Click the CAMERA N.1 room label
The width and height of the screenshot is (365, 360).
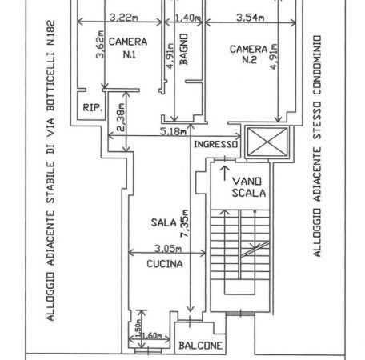[x=128, y=48]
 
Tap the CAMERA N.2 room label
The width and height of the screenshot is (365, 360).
[x=249, y=54]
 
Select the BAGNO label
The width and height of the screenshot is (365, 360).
[x=184, y=49]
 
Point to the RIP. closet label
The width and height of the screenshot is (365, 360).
[x=92, y=107]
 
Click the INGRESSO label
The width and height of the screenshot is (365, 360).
[x=215, y=144]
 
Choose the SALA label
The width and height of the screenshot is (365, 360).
[x=164, y=222]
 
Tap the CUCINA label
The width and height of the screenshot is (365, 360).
[x=165, y=264]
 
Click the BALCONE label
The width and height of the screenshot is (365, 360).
[x=200, y=346]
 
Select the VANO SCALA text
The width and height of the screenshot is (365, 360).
[x=249, y=187]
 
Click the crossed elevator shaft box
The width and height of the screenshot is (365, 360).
[x=268, y=142]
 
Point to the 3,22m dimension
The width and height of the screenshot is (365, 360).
[x=124, y=18]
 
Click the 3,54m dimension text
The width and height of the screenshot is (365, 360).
[x=251, y=18]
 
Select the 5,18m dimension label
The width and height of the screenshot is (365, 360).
[x=174, y=131]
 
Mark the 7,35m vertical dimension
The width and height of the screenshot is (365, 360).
[x=185, y=223]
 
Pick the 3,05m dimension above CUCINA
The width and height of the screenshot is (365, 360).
[x=168, y=249]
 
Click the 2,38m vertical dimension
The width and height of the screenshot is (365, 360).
[x=121, y=118]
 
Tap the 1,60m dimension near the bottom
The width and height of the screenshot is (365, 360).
[x=151, y=335]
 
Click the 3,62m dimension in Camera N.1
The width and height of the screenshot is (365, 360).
[x=100, y=45]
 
